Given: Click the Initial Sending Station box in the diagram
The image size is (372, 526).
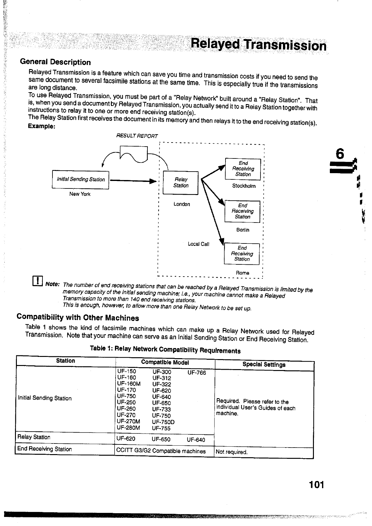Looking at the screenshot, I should pyautogui.click(x=80, y=180).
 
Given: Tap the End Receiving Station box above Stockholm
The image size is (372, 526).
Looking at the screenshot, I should pyautogui.click(x=243, y=169).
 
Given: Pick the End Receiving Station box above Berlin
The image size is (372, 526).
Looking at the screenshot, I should pyautogui.click(x=242, y=211).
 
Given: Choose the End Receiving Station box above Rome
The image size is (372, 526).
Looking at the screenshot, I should pyautogui.click(x=242, y=253).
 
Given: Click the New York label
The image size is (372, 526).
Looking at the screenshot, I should pyautogui.click(x=80, y=194).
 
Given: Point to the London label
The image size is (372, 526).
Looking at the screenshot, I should pyautogui.click(x=181, y=204).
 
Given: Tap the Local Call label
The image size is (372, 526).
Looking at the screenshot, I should pyautogui.click(x=198, y=244).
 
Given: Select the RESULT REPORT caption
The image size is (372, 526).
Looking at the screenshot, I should pyautogui.click(x=137, y=136).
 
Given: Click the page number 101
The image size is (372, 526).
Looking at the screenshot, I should pyautogui.click(x=316, y=485).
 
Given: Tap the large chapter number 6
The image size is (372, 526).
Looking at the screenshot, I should pyautogui.click(x=340, y=154).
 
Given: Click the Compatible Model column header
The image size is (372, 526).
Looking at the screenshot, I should pyautogui.click(x=165, y=362).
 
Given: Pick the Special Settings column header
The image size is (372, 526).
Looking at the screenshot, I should pyautogui.click(x=264, y=364).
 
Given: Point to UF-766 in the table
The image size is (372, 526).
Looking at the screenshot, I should pyautogui.click(x=196, y=373).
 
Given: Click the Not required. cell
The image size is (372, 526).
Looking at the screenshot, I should pyautogui.click(x=231, y=452).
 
